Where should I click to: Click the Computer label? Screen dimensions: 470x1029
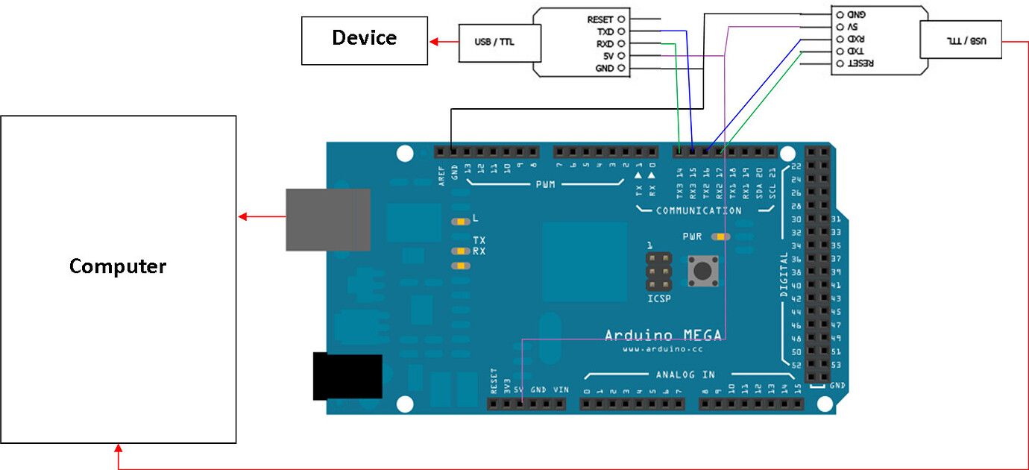[118, 266]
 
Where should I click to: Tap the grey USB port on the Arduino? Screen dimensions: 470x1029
[327, 219]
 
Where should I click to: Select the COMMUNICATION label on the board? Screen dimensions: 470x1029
[699, 211]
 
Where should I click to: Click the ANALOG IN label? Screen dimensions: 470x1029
[684, 375]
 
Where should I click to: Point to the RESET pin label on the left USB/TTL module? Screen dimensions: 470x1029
[600, 19]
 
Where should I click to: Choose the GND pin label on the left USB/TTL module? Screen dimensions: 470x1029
[604, 68]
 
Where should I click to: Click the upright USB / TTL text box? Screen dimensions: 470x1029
[494, 42]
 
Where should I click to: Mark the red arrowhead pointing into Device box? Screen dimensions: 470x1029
[432, 42]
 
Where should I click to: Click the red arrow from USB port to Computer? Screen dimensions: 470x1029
[261, 217]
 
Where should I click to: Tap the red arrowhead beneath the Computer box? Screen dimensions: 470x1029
[118, 449]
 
